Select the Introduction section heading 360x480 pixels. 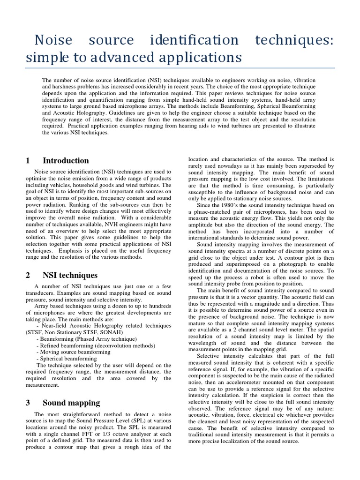click(x=66, y=161)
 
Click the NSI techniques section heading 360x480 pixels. click(x=70, y=275)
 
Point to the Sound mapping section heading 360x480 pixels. click(x=71, y=403)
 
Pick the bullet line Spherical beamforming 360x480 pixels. click(x=66, y=359)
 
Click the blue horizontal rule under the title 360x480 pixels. click(x=180, y=68)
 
